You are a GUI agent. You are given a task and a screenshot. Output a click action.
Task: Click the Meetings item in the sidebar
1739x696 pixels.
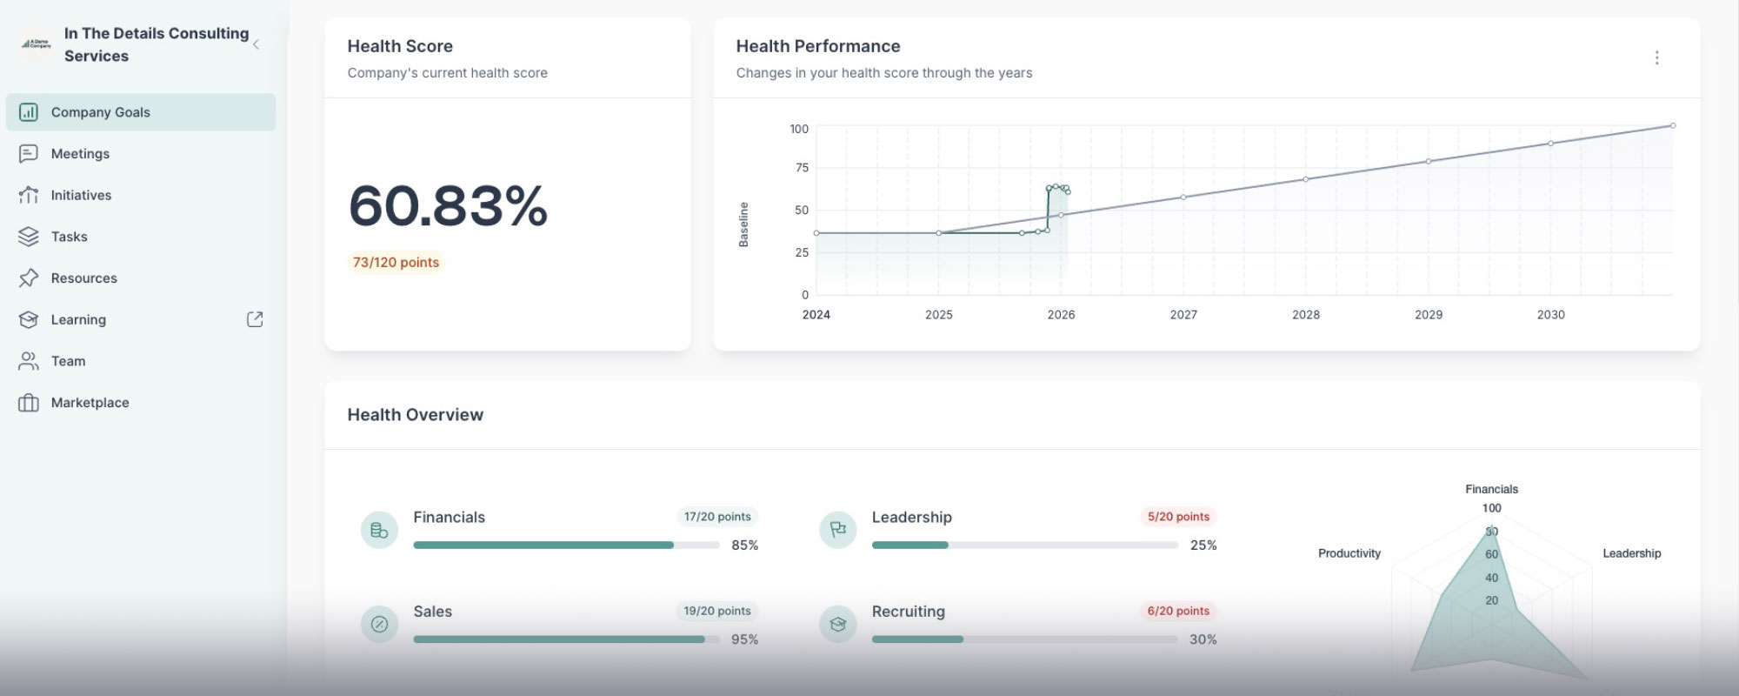pos(80,154)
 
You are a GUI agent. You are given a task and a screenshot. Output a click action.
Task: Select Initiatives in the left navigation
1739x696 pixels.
pos(81,196)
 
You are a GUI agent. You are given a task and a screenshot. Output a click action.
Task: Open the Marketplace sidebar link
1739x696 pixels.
pos(90,403)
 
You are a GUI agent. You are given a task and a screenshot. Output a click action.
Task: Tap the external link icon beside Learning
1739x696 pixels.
pos(255,319)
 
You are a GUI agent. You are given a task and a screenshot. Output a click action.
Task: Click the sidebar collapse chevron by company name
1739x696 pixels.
pos(256,44)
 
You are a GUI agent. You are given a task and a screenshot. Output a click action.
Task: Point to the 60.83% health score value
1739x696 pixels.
pos(448,206)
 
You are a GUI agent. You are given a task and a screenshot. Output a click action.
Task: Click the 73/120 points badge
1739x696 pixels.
pos(396,263)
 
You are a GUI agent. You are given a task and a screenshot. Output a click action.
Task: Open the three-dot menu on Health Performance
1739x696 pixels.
pos(1656,57)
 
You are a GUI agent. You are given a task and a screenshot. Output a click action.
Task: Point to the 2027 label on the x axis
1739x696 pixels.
pos(1183,315)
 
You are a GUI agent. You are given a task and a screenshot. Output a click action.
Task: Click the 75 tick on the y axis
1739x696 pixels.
pos(801,168)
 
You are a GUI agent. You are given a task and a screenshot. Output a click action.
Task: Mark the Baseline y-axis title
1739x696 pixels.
pos(743,224)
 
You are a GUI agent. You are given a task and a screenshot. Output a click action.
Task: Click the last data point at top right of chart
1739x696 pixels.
pos(1673,126)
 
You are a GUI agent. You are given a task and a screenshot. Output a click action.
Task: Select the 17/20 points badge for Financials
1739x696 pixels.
pos(717,517)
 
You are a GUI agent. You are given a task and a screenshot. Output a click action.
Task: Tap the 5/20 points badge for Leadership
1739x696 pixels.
pos(1178,517)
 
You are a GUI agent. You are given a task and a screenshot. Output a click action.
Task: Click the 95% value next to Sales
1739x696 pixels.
pos(744,639)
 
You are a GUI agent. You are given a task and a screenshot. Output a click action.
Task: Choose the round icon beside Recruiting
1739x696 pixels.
pos(838,624)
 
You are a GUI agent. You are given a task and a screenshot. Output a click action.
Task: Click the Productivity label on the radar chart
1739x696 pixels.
pos(1349,553)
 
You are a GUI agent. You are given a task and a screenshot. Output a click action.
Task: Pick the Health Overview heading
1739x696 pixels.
pos(415,415)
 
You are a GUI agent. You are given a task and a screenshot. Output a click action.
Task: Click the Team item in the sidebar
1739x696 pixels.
pos(68,361)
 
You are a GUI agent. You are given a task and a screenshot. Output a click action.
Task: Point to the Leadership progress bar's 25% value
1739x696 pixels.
pos(1203,545)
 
